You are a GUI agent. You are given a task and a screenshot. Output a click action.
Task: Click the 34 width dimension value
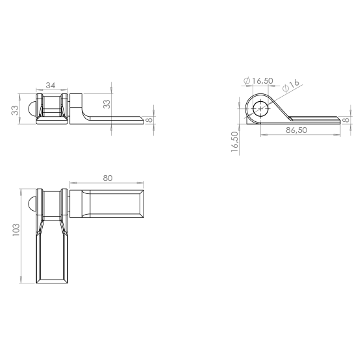pyautogui.click(x=51, y=86)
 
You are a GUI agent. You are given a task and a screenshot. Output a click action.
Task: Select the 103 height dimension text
pyautogui.click(x=16, y=230)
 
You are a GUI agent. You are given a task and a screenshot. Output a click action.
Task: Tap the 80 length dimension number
pyautogui.click(x=107, y=178)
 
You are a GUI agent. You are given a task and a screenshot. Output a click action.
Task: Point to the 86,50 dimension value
pyautogui.click(x=296, y=130)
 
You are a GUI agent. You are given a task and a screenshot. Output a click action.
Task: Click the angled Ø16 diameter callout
pyautogui.click(x=291, y=86)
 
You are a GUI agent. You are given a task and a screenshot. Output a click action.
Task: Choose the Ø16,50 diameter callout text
pyautogui.click(x=258, y=80)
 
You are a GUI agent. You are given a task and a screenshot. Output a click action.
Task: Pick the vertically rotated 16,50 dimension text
pyautogui.click(x=234, y=141)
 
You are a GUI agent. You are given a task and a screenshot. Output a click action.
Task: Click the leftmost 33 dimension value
pyautogui.click(x=15, y=110)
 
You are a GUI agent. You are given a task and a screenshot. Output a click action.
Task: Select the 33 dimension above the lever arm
pyautogui.click(x=106, y=104)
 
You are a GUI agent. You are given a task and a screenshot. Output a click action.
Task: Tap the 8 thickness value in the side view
pyautogui.click(x=346, y=120)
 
